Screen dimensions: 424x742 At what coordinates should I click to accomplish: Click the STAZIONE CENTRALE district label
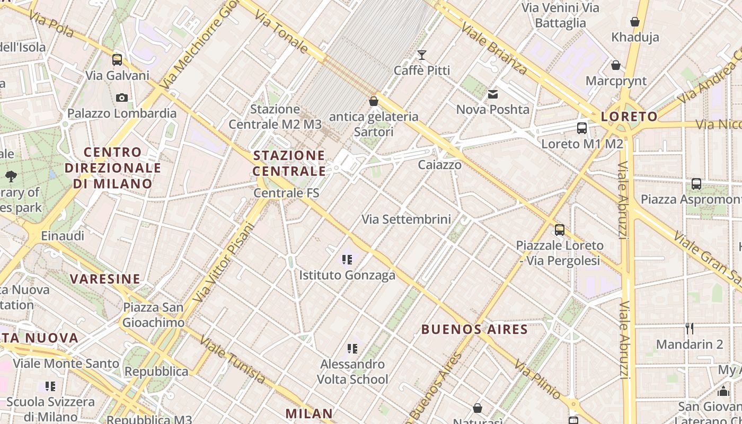(289, 163)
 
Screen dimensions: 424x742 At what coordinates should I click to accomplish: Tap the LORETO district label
(629, 117)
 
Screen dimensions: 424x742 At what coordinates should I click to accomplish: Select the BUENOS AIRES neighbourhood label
(474, 329)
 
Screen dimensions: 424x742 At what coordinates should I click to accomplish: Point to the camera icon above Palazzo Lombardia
(122, 98)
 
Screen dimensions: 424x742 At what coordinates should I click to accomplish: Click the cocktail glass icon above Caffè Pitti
(422, 55)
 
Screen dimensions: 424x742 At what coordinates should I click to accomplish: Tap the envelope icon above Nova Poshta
(493, 94)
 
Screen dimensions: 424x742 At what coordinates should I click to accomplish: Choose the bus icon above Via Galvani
(117, 59)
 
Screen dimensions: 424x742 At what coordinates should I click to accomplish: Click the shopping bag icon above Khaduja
(635, 22)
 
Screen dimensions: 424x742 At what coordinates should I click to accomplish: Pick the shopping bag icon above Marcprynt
(616, 65)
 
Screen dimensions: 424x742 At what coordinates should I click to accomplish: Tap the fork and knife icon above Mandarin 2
(690, 329)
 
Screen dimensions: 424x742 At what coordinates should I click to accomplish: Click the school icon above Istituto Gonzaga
(347, 260)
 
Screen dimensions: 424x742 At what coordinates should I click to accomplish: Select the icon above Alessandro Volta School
(352, 349)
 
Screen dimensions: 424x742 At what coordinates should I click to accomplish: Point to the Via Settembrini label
(406, 219)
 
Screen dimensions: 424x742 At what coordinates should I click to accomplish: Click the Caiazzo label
(439, 165)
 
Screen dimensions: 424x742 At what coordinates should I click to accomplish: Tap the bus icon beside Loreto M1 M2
(582, 128)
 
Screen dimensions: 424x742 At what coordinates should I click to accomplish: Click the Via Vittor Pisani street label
(225, 262)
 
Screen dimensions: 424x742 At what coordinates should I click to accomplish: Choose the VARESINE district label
(105, 279)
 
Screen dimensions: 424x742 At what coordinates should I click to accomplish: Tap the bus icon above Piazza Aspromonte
(696, 184)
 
